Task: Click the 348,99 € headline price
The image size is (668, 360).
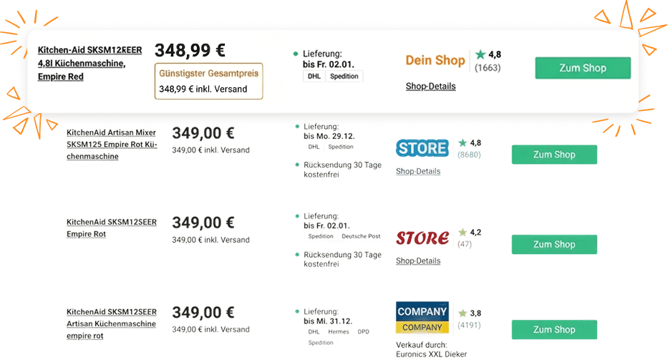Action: [x=190, y=50]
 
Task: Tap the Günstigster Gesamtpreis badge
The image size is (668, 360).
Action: [x=208, y=73]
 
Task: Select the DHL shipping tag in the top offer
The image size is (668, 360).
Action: [x=314, y=76]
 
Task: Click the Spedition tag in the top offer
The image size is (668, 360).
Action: [x=344, y=76]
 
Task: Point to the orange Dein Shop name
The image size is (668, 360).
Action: [x=435, y=61]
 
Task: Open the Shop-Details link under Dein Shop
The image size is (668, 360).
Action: [x=430, y=87]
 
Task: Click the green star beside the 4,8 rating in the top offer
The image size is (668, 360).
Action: [x=480, y=54]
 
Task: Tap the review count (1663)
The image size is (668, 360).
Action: [x=488, y=68]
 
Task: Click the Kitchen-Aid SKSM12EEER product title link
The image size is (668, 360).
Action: [x=89, y=63]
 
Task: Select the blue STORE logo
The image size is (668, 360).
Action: [x=422, y=148]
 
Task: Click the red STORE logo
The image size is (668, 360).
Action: [x=422, y=237]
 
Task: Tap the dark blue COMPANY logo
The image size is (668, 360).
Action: [x=422, y=311]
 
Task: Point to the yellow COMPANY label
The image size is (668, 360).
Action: [x=422, y=328]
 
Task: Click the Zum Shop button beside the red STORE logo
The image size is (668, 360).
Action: [x=554, y=244]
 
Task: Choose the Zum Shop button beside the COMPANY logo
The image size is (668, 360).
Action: [x=554, y=329]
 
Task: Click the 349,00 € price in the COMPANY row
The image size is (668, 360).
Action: [x=203, y=313]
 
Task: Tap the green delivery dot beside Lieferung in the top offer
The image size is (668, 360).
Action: [x=296, y=54]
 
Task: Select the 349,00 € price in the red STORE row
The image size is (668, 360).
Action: [x=203, y=223]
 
